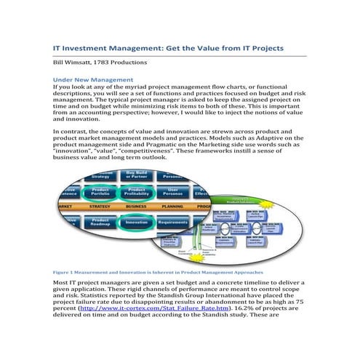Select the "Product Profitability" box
pos(138,193)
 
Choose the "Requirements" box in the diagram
pos(173,222)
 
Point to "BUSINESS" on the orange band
pos(136,207)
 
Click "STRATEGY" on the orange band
pos(100,207)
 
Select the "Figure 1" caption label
pos(65,272)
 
